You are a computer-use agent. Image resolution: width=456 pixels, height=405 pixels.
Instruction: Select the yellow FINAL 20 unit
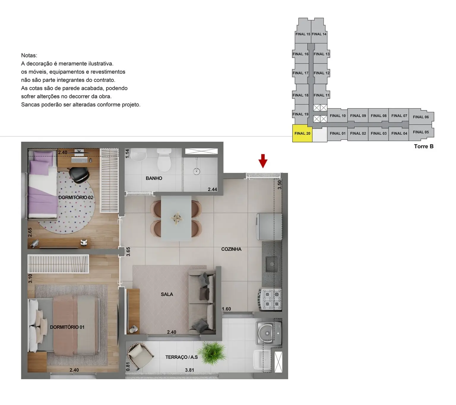point(302,133)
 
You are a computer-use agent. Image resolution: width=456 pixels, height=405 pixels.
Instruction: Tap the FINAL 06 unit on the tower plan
point(421,117)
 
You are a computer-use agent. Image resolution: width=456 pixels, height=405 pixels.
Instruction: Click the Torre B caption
point(424,146)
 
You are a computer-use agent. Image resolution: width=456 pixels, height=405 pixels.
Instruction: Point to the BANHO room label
point(154,178)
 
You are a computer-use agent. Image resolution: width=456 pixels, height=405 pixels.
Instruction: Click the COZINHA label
point(231,249)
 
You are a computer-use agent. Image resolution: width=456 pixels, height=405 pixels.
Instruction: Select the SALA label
point(167,294)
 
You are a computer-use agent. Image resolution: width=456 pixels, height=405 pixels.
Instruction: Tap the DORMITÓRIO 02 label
point(76,197)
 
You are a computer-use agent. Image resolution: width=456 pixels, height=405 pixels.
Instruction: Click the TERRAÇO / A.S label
point(181,357)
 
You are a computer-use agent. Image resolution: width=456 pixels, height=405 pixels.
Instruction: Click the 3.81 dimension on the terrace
point(189,370)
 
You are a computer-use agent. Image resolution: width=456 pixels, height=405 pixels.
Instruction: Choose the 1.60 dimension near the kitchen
point(226,309)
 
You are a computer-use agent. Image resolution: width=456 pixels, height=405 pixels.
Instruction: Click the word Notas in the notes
point(29,56)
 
